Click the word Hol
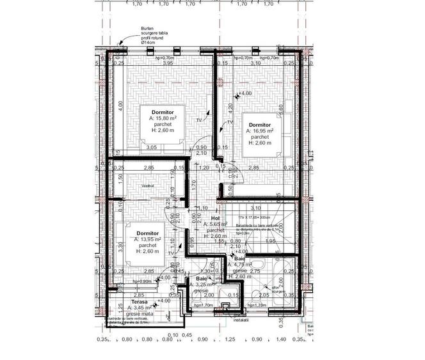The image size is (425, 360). point(208,219)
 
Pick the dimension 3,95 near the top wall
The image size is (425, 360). point(168,64)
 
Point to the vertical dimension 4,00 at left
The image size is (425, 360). point(120,104)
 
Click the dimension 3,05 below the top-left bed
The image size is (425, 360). point(152,148)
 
